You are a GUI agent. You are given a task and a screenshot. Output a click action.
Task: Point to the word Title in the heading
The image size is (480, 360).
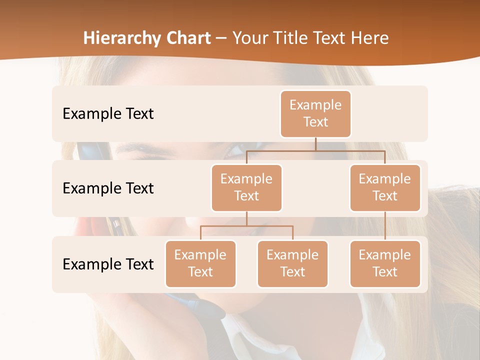tap(293, 38)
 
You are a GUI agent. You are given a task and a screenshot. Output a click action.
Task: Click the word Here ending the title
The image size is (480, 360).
tap(370, 38)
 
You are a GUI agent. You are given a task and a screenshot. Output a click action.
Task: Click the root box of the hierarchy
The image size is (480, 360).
tap(315, 114)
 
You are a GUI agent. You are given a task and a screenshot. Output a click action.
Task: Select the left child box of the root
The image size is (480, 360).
tap(246, 188)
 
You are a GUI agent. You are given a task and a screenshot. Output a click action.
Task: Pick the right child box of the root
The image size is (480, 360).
tap(385, 188)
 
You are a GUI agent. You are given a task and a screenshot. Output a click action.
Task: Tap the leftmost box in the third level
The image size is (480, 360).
tap(200, 264)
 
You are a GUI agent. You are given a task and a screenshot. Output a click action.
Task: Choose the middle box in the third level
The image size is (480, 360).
tap(292, 264)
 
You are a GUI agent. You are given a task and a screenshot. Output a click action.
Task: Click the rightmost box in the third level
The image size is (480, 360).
tap(385, 264)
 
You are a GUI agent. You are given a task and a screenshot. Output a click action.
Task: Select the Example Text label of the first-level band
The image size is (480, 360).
tap(108, 114)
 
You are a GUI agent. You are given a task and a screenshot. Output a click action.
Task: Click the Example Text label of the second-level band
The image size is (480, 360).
tap(108, 188)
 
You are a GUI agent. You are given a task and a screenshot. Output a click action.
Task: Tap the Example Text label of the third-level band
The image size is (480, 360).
tap(108, 264)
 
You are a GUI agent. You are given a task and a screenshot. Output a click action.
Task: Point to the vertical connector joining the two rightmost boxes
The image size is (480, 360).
tap(385, 226)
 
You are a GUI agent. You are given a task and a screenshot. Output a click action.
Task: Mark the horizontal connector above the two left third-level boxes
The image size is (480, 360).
tap(246, 226)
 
